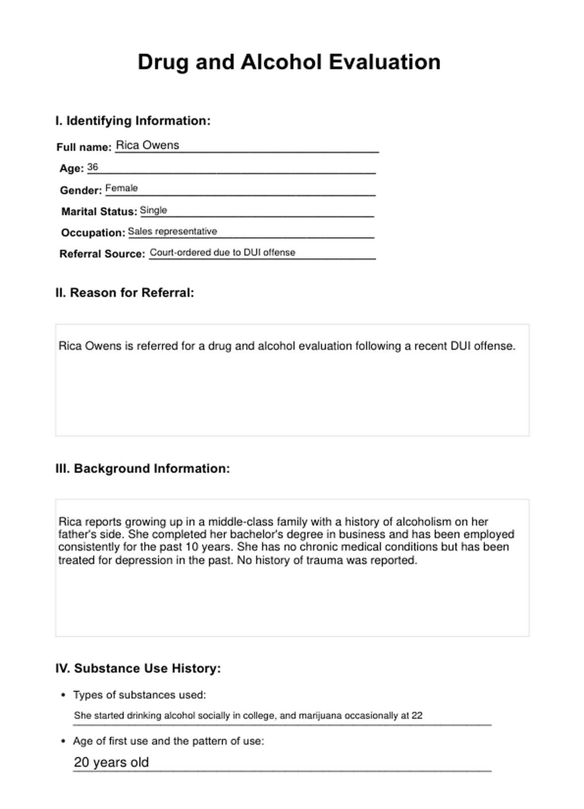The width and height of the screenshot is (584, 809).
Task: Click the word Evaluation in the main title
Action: (x=384, y=63)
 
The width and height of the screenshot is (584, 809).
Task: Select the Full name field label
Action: (x=84, y=147)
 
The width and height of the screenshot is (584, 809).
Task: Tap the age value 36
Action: (x=92, y=167)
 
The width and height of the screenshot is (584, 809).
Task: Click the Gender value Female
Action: (x=122, y=189)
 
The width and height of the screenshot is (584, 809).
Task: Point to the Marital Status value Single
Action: (x=153, y=210)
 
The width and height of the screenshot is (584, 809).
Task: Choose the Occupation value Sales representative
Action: (x=172, y=232)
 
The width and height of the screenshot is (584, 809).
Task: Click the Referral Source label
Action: (x=102, y=254)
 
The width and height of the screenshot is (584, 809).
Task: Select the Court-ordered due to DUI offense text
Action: (x=222, y=253)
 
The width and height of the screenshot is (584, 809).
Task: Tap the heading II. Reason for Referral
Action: (x=125, y=293)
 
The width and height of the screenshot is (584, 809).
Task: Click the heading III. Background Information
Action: (x=143, y=469)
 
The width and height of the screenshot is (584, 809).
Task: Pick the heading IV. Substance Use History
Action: (x=138, y=669)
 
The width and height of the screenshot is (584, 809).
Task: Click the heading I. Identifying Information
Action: (x=133, y=121)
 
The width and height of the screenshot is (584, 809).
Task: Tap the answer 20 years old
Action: (x=111, y=762)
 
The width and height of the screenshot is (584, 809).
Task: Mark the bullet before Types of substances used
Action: (x=63, y=695)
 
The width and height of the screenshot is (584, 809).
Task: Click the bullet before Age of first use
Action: (x=63, y=741)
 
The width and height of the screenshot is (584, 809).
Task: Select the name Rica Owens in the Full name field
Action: (x=147, y=145)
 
